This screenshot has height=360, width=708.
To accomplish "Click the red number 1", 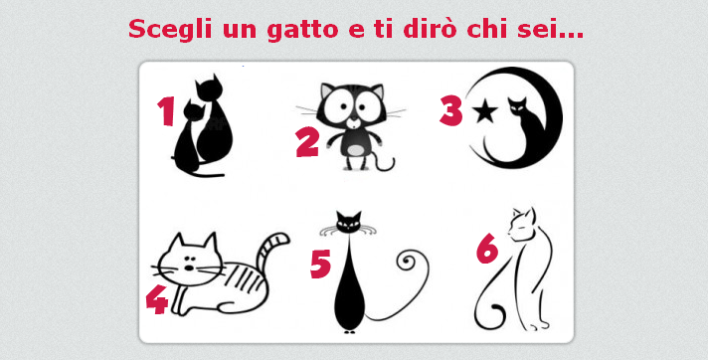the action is point(166,111).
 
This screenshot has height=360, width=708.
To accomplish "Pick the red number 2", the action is point(307,142).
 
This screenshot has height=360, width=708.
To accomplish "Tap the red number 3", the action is point(451,111).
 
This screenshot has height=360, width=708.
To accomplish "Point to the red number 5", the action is point(320,264).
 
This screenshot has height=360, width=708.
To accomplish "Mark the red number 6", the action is point(487,249).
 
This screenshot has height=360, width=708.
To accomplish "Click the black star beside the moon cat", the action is point(485,111).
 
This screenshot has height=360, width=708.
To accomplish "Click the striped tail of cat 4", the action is point(270,251).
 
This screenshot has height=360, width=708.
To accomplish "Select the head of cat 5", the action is point(349,221).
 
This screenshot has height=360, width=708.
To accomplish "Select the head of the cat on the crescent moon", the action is point(517,106).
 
